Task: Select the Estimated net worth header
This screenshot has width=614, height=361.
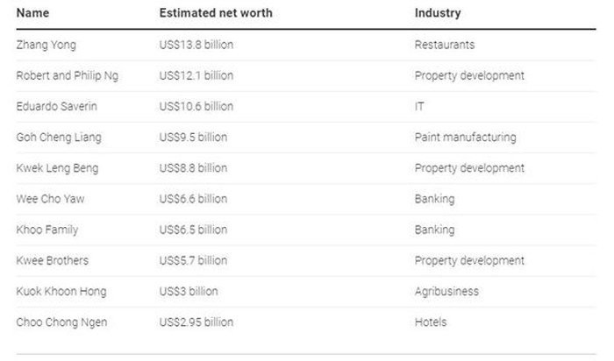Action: (x=216, y=13)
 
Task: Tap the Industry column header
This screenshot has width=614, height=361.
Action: (x=438, y=13)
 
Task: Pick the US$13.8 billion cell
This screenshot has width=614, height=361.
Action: (x=196, y=45)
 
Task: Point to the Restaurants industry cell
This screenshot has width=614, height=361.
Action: (x=444, y=45)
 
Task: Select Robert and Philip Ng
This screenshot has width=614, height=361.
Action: (x=67, y=75)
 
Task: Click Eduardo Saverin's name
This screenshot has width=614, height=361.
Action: (x=57, y=106)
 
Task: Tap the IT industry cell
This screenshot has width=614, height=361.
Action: (x=420, y=106)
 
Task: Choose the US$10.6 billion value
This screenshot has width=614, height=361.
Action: (x=196, y=106)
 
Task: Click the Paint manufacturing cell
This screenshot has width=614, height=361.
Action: (x=465, y=137)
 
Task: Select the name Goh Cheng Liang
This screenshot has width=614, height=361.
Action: (x=59, y=137)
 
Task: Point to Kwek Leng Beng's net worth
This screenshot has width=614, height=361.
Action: (x=194, y=167)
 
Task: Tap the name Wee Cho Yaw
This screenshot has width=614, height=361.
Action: (x=50, y=199)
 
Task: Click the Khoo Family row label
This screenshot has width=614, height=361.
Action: (x=46, y=230)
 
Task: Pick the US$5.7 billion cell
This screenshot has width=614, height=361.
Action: (x=194, y=260)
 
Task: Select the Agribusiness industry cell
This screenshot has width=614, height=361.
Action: (x=446, y=291)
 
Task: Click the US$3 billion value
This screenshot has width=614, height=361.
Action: (x=189, y=291)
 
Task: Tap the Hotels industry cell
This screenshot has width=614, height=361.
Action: (x=431, y=322)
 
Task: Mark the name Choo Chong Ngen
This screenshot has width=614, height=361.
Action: (x=61, y=322)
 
